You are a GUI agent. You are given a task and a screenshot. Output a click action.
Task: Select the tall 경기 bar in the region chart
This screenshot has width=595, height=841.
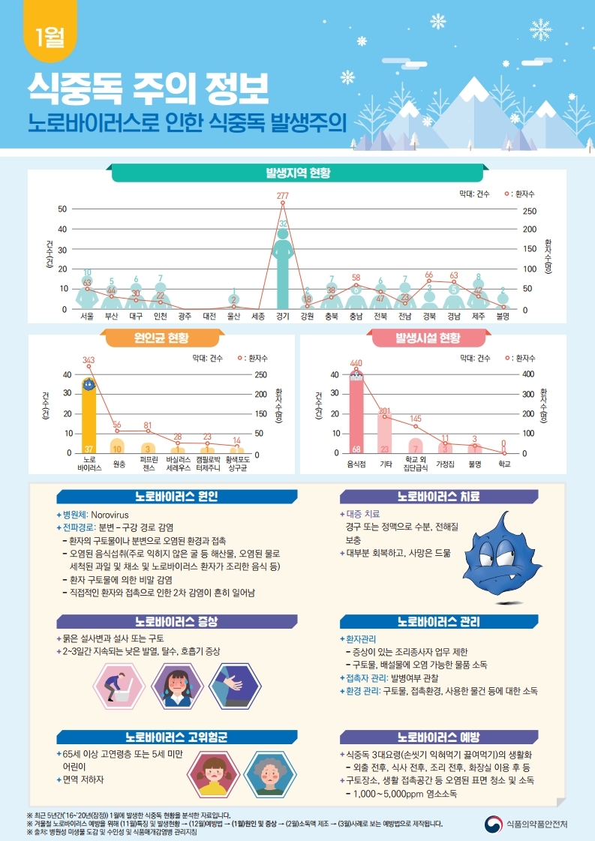[282, 270]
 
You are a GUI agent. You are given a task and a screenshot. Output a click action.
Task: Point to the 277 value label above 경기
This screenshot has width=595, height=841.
[283, 195]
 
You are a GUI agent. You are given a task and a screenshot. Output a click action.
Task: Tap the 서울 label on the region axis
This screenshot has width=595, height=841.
[87, 317]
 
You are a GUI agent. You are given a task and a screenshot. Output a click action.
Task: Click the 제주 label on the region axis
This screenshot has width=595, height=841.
[478, 317]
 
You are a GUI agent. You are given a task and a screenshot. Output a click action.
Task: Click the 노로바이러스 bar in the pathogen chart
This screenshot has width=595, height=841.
[89, 416]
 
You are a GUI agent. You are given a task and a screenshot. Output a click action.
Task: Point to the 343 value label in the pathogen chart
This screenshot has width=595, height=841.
[89, 360]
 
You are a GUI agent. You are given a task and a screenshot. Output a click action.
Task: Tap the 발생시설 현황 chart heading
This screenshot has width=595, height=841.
[428, 338]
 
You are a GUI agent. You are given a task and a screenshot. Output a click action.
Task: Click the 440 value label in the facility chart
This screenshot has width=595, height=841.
[356, 362]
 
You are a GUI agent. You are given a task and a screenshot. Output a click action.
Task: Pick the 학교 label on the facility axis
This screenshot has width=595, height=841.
[503, 464]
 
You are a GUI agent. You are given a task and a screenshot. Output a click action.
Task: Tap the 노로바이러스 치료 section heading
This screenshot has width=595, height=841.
[438, 497]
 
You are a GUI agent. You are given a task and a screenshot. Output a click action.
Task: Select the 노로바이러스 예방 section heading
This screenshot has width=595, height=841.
[438, 735]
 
